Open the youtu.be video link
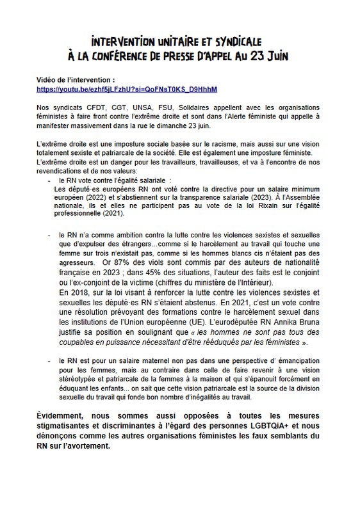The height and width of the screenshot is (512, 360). pos(127,88)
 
